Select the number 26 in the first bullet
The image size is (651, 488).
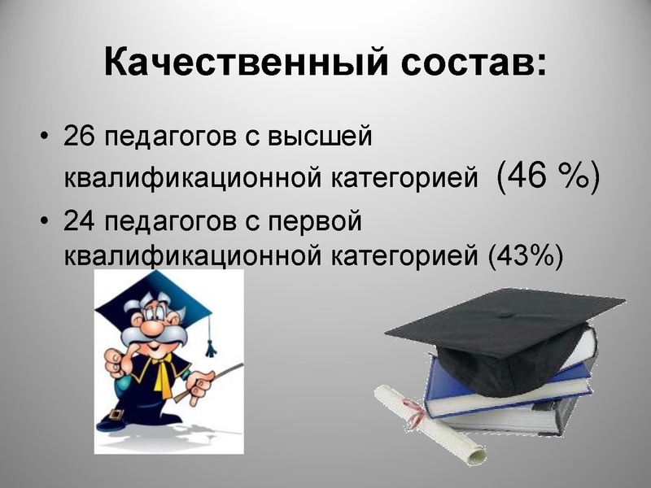click(81, 136)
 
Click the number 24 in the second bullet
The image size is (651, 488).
click(81, 221)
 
